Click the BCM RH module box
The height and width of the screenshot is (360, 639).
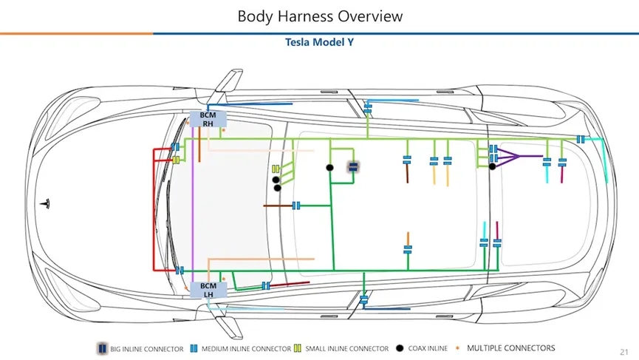[x=208, y=120]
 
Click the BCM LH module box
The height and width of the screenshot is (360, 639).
[x=208, y=290]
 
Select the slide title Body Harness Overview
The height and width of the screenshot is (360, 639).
[x=320, y=16]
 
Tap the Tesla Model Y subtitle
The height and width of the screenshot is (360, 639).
[x=319, y=42]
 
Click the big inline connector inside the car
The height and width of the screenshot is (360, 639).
[x=353, y=166]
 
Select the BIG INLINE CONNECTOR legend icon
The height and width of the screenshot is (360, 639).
[x=102, y=349]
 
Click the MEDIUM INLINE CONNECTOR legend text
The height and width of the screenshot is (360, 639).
[x=246, y=349]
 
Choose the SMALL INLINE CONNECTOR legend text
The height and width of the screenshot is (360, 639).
[x=346, y=349]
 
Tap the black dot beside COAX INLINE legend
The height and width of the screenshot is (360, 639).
[x=400, y=348]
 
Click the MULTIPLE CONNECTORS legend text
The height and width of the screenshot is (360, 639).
[x=510, y=348]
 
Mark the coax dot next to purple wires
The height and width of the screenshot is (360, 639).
[x=492, y=166]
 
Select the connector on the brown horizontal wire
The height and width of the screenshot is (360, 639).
[x=296, y=205]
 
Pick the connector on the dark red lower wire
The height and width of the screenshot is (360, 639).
[x=265, y=285]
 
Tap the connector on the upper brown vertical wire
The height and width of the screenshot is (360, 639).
[x=407, y=160]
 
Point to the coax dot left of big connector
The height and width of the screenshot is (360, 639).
[x=330, y=168]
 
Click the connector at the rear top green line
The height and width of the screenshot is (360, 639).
[x=581, y=139]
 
